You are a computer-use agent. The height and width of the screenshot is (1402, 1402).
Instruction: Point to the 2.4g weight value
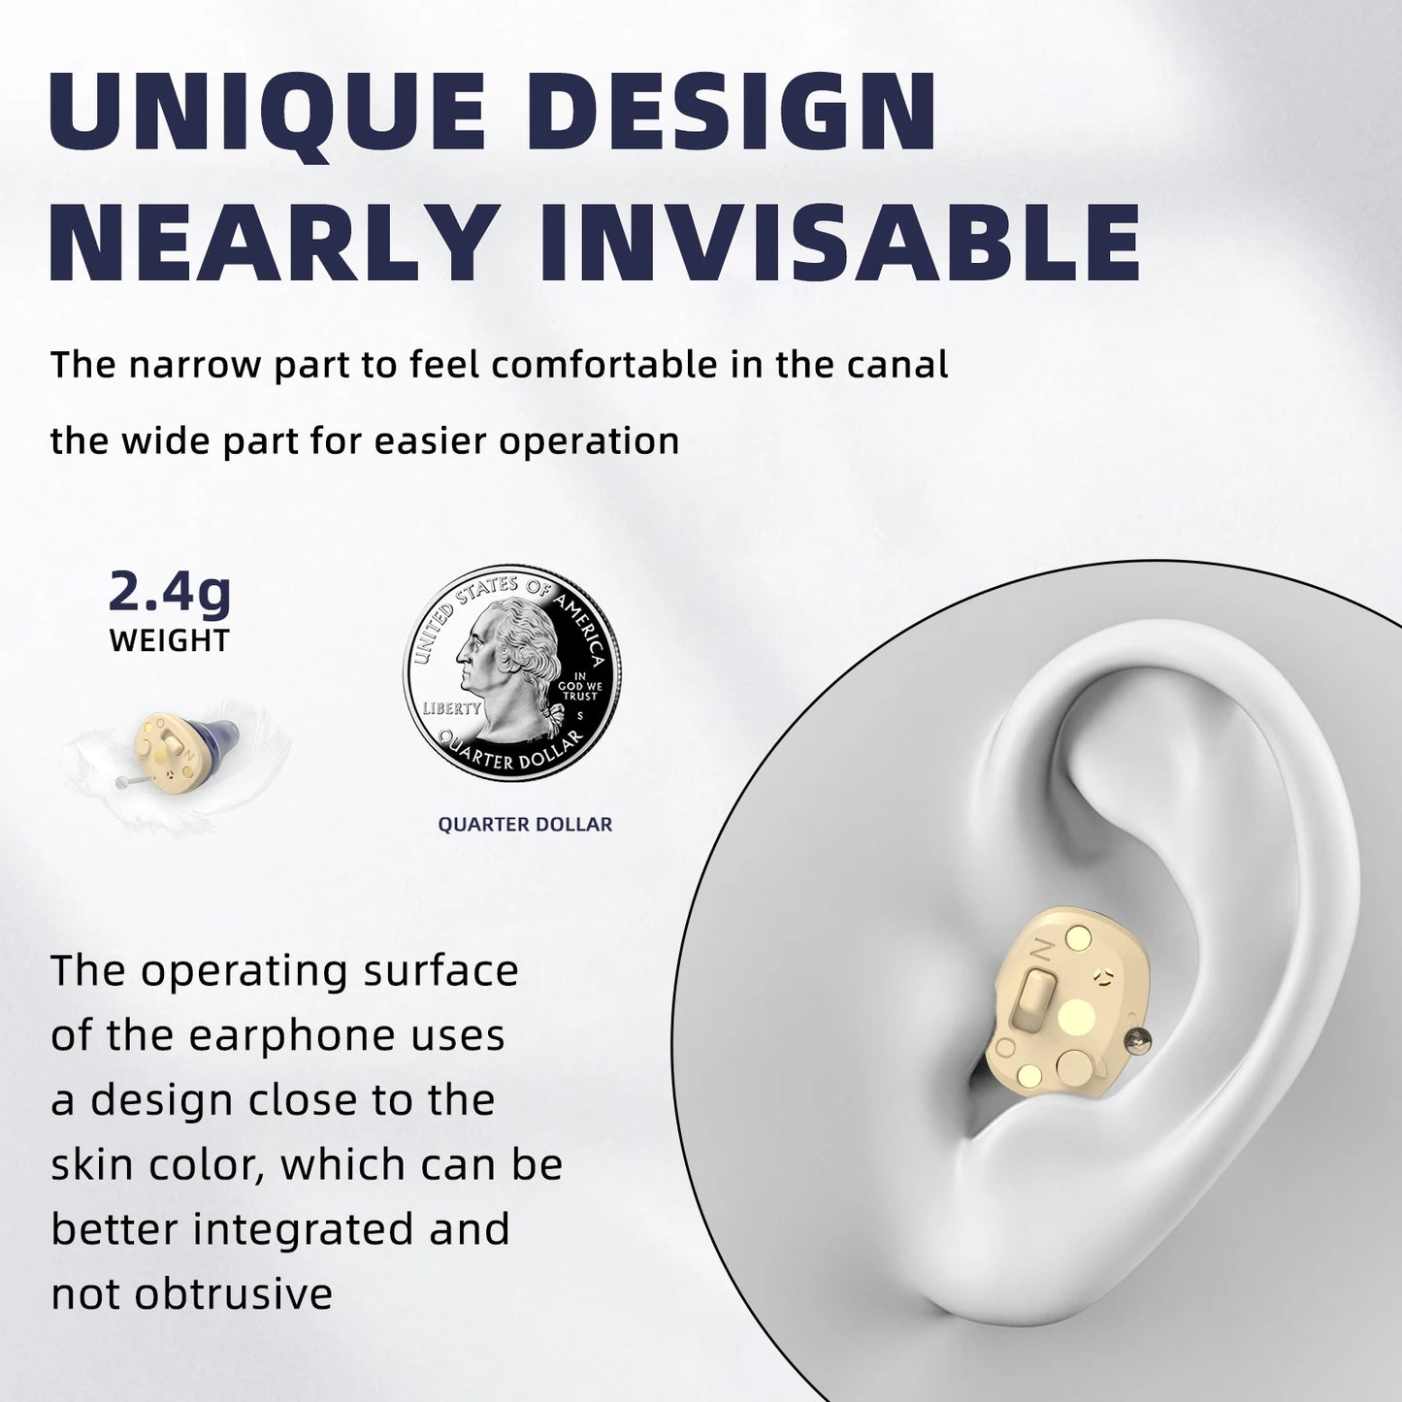tap(170, 592)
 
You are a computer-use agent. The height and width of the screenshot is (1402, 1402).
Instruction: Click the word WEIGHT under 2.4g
tap(170, 641)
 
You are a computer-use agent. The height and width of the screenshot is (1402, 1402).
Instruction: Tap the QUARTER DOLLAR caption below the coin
tap(525, 825)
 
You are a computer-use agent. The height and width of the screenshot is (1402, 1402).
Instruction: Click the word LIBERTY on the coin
tap(450, 709)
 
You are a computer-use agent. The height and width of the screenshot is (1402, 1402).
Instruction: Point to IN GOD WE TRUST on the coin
tap(581, 686)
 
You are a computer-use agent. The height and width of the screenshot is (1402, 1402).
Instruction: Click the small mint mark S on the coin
tap(579, 715)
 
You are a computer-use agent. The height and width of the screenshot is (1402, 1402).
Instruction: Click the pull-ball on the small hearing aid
tap(119, 780)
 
